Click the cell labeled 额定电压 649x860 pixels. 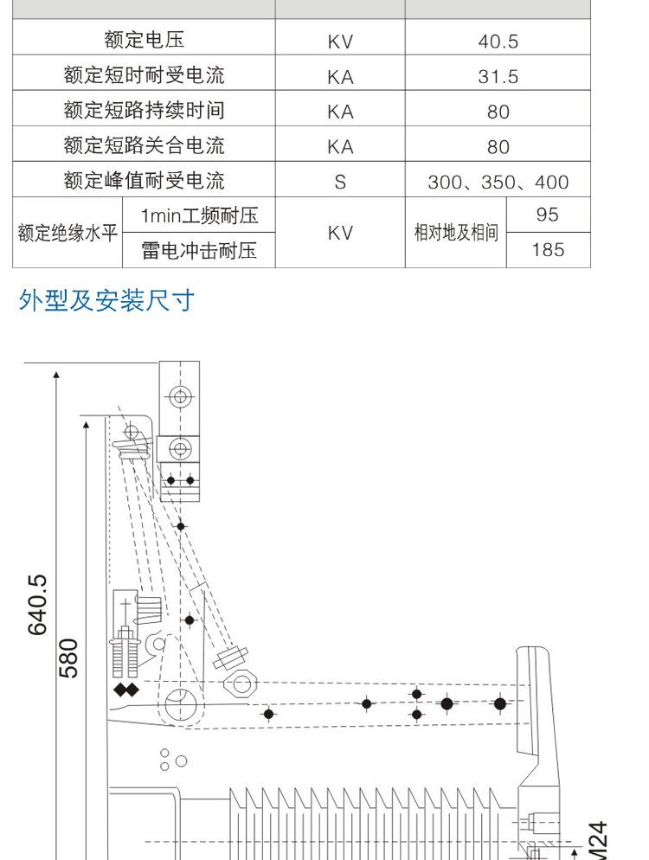144,40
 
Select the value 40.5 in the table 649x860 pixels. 498,42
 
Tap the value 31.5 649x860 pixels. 498,76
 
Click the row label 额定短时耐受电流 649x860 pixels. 144,75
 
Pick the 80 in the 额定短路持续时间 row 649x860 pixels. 498,112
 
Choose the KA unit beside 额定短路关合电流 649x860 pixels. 340,147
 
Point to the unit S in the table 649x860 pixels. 340,182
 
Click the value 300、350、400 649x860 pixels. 498,182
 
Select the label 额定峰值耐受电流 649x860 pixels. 144,181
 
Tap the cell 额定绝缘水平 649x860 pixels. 67,233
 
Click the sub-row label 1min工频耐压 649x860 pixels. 199,215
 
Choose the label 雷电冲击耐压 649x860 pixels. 199,251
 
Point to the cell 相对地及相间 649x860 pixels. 456,233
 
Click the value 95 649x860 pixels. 548,215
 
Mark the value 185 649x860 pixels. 548,250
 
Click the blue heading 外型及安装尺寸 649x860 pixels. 106,300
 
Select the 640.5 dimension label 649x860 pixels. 38,605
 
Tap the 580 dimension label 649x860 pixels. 68,658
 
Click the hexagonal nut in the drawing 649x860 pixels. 241,684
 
